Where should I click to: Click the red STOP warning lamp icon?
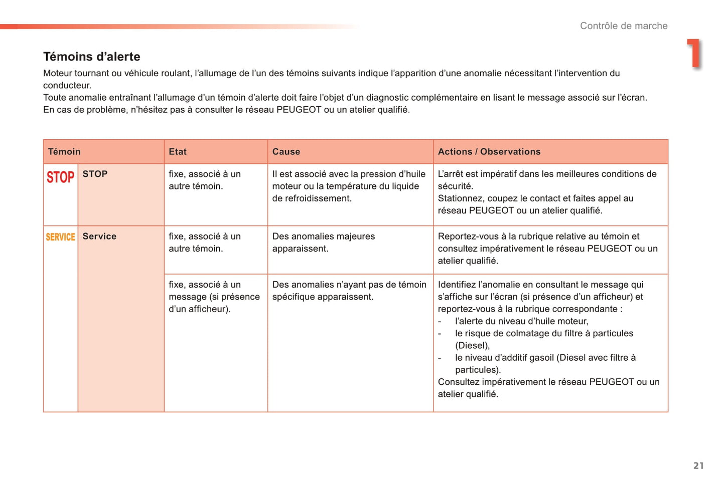(60, 177)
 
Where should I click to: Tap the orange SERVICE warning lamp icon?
(60, 237)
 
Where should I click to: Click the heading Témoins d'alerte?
(92, 57)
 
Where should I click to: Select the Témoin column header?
(64, 152)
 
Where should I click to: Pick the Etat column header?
(178, 152)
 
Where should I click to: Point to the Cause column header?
(286, 152)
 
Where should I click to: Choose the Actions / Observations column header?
(489, 152)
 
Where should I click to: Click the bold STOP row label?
(95, 174)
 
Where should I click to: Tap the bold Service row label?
(99, 236)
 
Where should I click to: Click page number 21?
(698, 465)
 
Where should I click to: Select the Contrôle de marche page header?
(624, 26)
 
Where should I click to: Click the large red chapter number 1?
(694, 53)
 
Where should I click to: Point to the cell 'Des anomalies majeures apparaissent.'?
(324, 243)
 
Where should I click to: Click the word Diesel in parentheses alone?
(472, 345)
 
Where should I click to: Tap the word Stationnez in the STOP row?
(461, 198)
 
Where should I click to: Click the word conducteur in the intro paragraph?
(67, 85)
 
